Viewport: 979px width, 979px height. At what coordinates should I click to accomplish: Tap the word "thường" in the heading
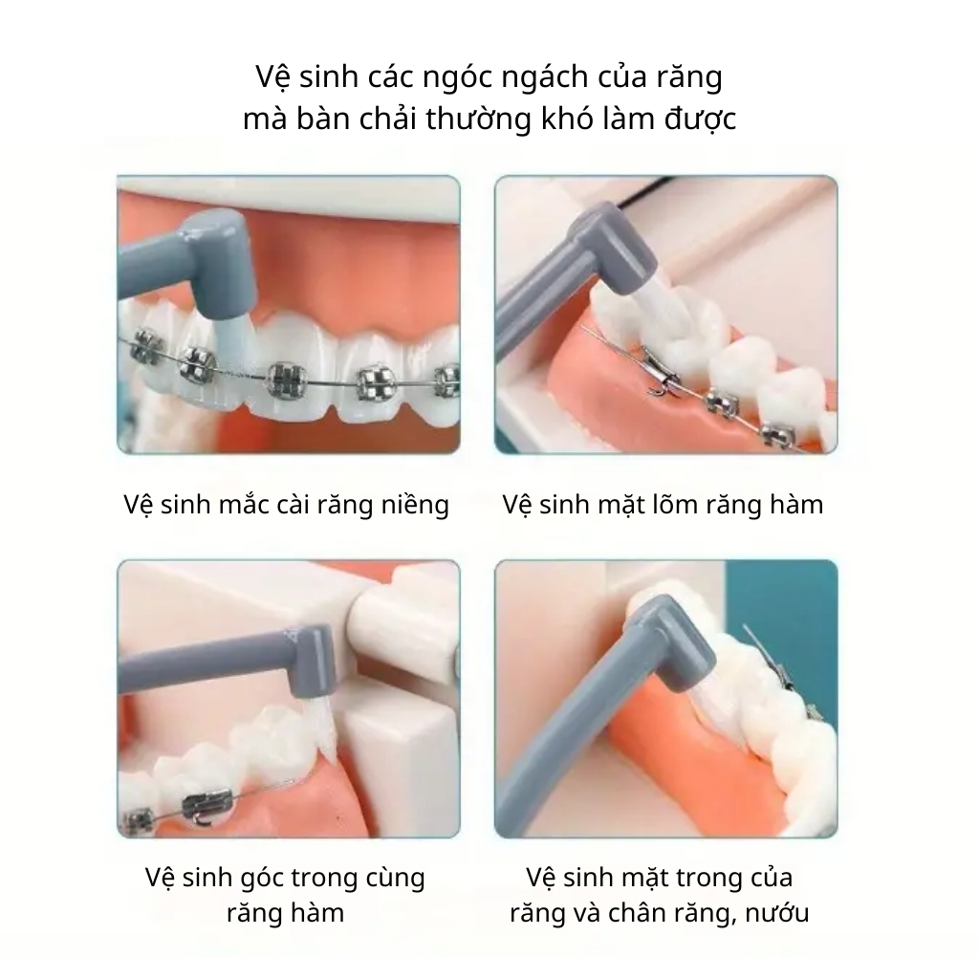tap(479, 119)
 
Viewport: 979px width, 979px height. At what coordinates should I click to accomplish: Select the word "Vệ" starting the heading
tap(271, 77)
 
